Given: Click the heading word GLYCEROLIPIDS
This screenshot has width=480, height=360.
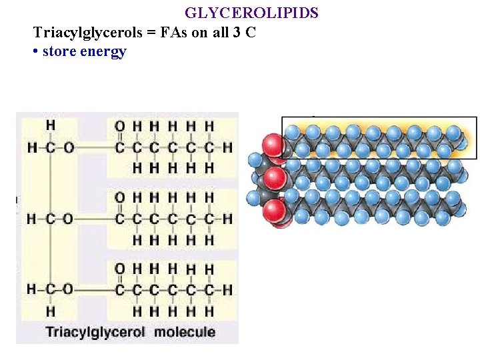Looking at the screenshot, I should point(251,13).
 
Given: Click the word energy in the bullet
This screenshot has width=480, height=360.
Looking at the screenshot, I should point(104,52).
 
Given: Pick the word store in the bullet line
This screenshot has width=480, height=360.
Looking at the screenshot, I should point(61,52).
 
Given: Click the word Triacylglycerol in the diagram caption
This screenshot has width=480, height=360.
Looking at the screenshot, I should point(95,331).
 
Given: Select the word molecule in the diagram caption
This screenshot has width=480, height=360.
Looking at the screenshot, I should point(185,331).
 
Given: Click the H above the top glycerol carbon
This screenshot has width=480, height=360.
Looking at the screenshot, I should point(51,125).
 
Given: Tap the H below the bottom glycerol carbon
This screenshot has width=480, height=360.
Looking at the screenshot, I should point(51,311).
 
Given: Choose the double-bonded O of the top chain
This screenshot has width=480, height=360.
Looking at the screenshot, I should point(119,125).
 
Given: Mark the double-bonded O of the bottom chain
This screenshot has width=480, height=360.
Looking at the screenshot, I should point(119,268).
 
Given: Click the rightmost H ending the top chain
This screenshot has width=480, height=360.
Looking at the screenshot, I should point(227,147).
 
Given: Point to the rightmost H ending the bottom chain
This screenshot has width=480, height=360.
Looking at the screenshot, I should point(227,289).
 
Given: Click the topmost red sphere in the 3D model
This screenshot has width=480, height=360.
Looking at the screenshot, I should point(273,145).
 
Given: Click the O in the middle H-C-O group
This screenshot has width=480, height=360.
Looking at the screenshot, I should point(68,218).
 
